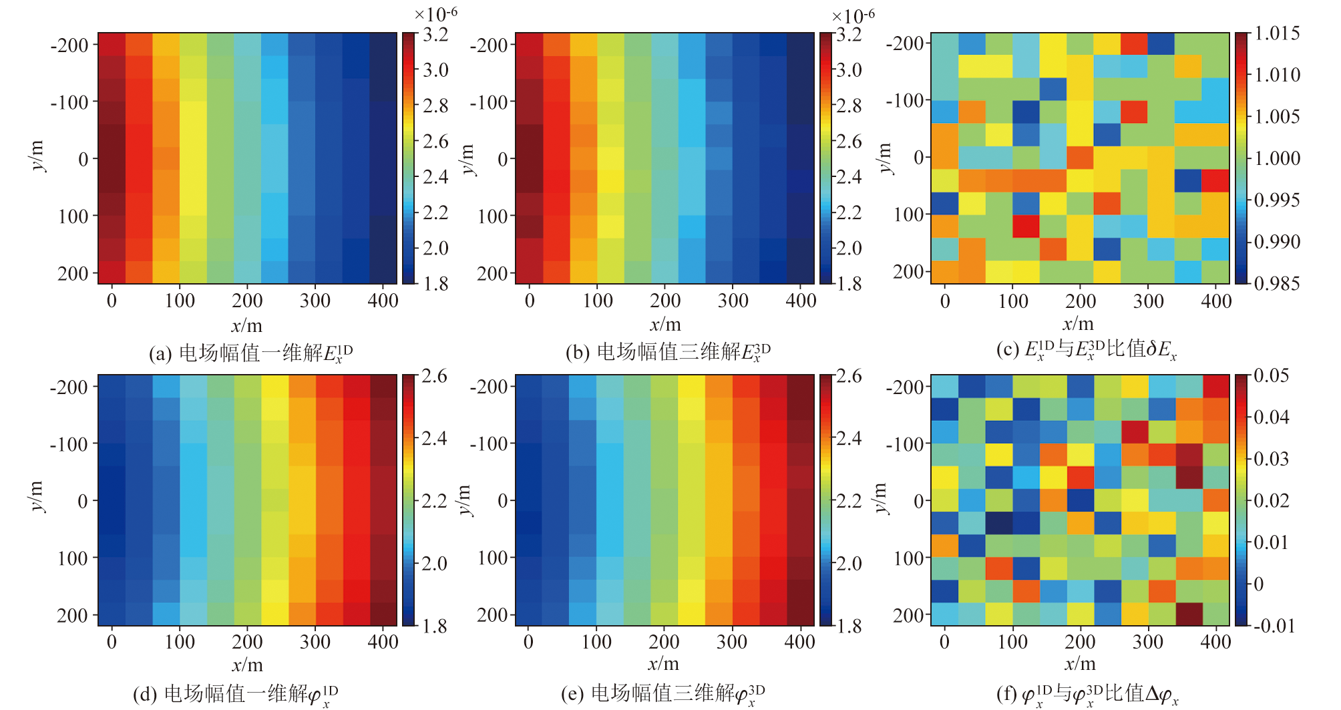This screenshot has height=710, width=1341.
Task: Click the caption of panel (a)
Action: pos(250,353)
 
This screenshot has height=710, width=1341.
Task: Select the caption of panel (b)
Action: pos(668,352)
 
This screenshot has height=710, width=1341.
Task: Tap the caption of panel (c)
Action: pos(1086,349)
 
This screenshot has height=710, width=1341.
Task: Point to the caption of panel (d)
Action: pos(236,695)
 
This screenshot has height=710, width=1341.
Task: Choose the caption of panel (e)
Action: pos(663,695)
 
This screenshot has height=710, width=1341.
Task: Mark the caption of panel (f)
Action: pos(1087,695)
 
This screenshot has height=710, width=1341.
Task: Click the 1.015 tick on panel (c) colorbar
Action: pos(1277,33)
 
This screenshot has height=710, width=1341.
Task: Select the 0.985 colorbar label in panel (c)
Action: pos(1277,284)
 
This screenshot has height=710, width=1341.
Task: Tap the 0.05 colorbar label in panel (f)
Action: pos(1271,375)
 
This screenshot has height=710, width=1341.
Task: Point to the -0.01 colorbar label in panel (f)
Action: pos(1274,626)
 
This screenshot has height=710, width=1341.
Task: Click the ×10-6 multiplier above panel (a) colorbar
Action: pos(435,14)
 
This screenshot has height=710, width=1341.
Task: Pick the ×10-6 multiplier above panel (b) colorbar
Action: pos(853,15)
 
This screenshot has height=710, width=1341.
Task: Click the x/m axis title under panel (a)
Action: pos(247,326)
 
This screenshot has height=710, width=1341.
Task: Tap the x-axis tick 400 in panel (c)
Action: pos(1216,301)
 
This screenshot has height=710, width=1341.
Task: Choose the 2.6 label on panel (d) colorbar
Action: pos(434,376)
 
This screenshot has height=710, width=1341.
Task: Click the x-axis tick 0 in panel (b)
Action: pos(530,301)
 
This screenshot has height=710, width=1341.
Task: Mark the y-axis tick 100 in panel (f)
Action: pos(908,558)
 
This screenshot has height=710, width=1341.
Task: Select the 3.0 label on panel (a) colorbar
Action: pos(435,70)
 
